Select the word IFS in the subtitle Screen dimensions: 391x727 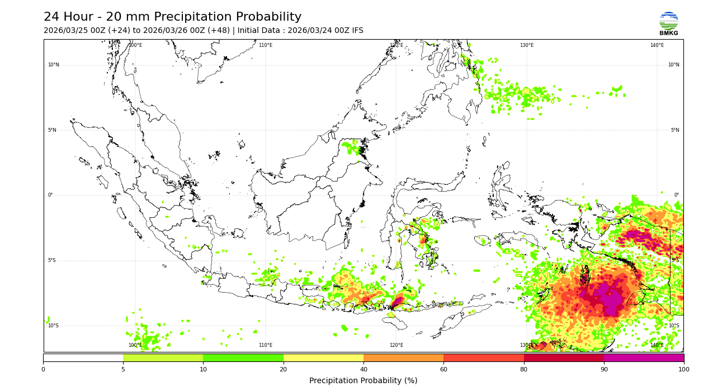357,31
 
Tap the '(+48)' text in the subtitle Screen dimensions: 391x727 218,31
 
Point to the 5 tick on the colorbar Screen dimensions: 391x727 123,369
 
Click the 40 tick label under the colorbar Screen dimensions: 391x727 363,369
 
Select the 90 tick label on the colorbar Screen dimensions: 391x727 604,369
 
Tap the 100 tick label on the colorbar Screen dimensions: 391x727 683,369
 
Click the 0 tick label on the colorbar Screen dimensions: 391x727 43,369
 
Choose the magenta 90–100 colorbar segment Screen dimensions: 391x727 644,357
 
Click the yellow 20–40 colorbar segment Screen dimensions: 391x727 323,357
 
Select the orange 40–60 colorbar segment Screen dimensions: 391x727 403,357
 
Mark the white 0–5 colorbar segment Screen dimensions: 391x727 83,357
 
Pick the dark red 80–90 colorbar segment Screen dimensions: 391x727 564,357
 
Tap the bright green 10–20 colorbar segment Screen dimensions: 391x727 243,357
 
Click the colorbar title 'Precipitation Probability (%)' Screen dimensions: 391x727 363,381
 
